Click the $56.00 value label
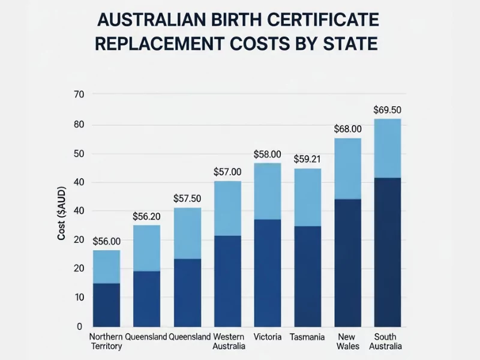[106, 241]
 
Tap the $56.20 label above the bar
[146, 216]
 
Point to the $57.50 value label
[187, 197]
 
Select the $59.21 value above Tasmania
[307, 160]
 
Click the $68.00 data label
[348, 128]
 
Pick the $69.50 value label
[387, 110]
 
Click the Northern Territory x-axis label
[106, 341]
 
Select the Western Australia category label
[228, 341]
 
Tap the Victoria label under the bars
[268, 337]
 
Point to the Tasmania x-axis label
[307, 337]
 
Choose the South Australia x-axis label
[387, 341]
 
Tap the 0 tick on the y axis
[79, 327]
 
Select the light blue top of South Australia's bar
[387, 148]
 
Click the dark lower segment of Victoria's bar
[268, 273]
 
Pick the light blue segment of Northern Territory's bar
[106, 266]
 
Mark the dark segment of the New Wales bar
[347, 263]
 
